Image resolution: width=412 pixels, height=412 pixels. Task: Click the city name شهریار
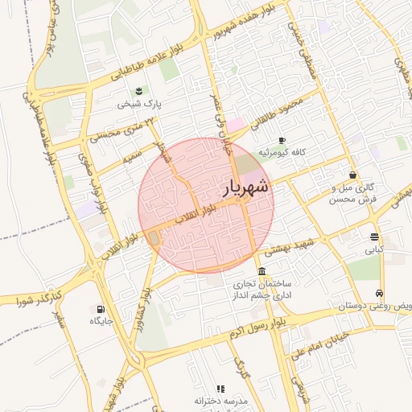245,188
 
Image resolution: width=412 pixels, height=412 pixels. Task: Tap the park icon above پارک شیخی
138,89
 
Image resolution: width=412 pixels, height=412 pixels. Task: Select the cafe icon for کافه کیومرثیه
282,140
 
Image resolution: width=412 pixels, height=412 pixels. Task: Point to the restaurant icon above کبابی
375,237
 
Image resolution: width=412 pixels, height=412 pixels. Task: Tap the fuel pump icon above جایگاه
101,308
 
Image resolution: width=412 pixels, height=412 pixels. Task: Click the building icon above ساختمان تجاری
262,271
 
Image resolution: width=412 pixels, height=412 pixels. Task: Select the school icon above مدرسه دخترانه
220,389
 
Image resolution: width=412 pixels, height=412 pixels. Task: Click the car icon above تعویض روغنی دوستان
379,294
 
